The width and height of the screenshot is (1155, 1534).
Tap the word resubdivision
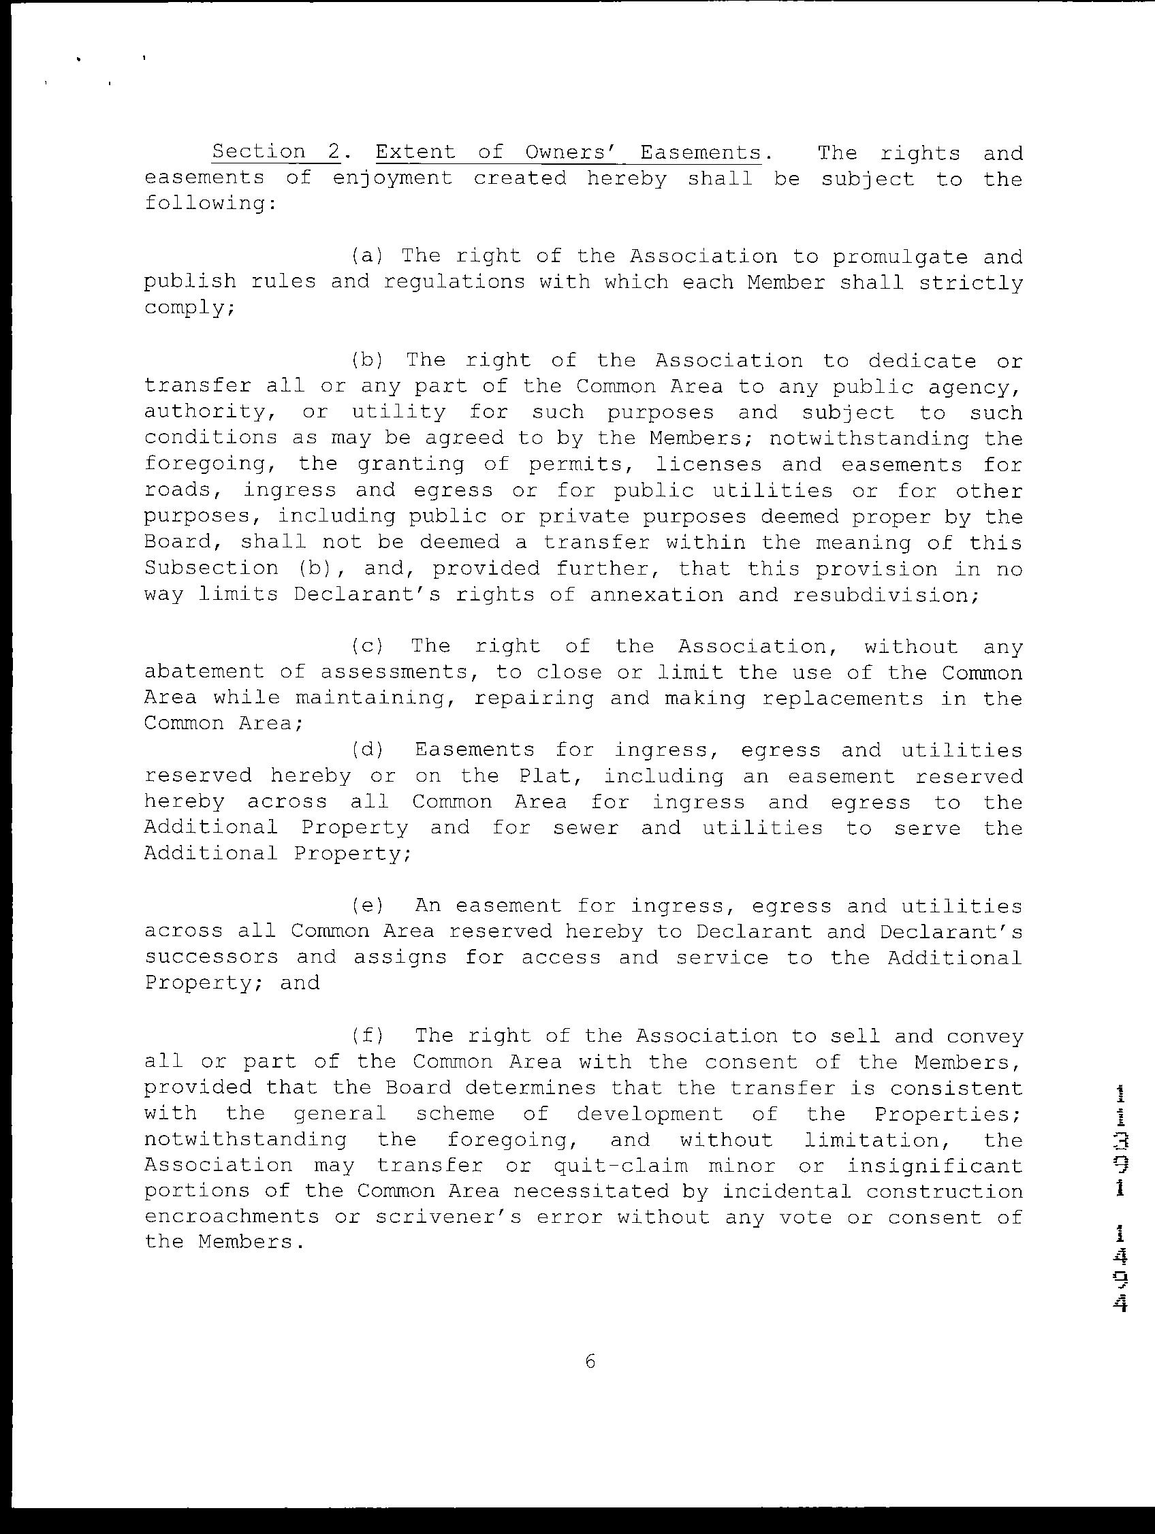tap(885, 595)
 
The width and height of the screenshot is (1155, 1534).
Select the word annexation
tap(656, 595)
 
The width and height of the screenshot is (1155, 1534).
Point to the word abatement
tap(204, 672)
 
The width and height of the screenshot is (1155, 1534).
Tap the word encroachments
tap(232, 1217)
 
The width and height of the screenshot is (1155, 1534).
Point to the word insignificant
tap(934, 1166)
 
